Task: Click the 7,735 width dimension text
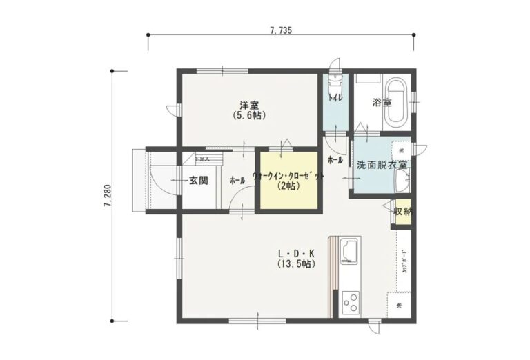click(282, 30)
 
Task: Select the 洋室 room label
click(249, 106)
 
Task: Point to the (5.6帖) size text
click(249, 116)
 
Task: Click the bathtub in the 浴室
click(396, 103)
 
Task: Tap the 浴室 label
click(382, 103)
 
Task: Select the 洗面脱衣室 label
click(381, 166)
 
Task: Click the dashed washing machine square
click(401, 150)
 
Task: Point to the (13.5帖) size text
click(297, 264)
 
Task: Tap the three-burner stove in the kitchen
click(350, 301)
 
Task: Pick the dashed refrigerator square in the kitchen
click(400, 305)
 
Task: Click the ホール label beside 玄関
click(237, 181)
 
